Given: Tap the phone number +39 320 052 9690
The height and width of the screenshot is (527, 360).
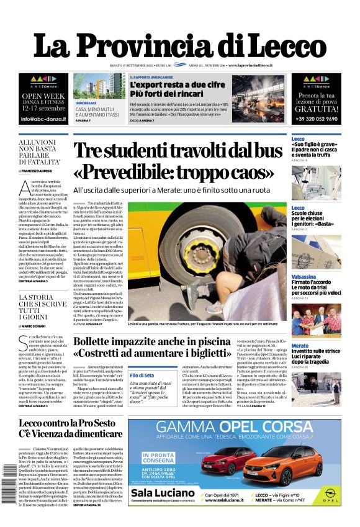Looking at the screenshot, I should tap(316, 119).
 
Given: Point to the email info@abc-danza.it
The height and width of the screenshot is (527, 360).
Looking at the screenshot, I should tap(43, 118).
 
